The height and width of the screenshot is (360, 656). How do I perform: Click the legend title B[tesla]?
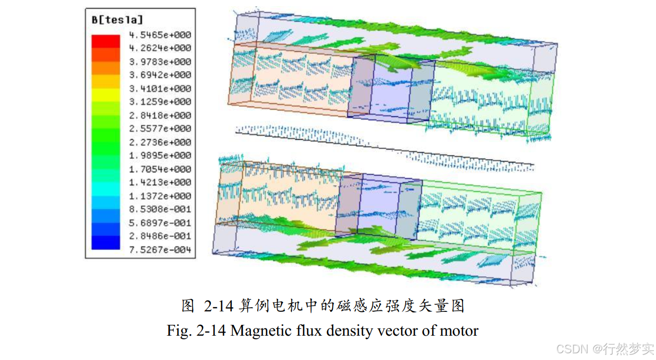[116, 20]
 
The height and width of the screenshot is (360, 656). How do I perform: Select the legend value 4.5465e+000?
[160, 35]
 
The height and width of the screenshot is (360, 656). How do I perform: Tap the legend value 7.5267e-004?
[160, 250]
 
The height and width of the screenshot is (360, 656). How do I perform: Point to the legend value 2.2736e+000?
[160, 142]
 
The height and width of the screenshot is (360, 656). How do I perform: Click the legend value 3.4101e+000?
[160, 88]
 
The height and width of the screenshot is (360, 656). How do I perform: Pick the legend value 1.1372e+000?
[160, 196]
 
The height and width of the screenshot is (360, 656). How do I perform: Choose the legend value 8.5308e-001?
[160, 209]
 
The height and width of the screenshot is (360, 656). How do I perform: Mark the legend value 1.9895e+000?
[160, 156]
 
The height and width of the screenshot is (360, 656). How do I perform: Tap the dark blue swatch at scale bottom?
[106, 243]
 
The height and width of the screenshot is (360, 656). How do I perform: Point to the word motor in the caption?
[458, 330]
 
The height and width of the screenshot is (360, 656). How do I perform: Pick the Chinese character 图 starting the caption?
[188, 306]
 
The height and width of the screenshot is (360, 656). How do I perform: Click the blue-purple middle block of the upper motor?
[391, 92]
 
